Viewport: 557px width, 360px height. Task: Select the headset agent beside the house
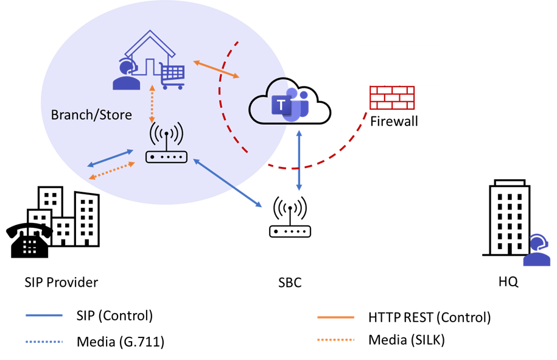pyautogui.click(x=127, y=75)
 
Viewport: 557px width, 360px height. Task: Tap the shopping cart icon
pyautogui.click(x=172, y=76)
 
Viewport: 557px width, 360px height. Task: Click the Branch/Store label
pyautogui.click(x=91, y=115)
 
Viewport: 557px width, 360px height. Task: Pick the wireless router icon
pyautogui.click(x=166, y=144)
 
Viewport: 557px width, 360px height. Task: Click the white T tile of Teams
pyautogui.click(x=281, y=105)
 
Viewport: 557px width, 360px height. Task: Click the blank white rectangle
pyautogui.click(x=399, y=65)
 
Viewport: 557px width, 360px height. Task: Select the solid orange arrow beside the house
pyautogui.click(x=216, y=69)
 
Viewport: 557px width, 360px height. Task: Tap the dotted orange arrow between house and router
pyautogui.click(x=152, y=104)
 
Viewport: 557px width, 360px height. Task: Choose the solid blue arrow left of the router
pyautogui.click(x=110, y=158)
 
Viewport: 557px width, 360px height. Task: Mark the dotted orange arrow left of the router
pyautogui.click(x=112, y=171)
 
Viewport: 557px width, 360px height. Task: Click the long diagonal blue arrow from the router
pyautogui.click(x=228, y=183)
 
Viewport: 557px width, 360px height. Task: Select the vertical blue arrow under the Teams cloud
pyautogui.click(x=299, y=160)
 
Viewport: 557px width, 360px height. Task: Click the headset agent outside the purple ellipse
pyautogui.click(x=536, y=250)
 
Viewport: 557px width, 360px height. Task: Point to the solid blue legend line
pyautogui.click(x=44, y=315)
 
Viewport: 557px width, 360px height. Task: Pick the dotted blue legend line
pyautogui.click(x=44, y=342)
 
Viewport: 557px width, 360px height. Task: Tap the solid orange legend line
pyautogui.click(x=335, y=317)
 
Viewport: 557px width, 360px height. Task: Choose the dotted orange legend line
pyautogui.click(x=335, y=339)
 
